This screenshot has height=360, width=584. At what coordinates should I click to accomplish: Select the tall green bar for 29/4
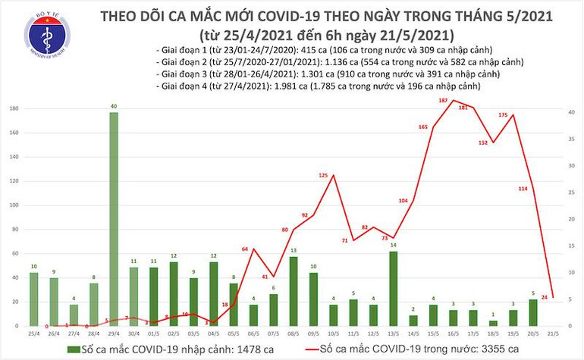(x=113, y=219)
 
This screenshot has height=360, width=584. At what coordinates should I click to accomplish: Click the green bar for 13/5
(x=392, y=288)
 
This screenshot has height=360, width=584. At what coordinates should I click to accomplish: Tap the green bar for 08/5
(x=293, y=291)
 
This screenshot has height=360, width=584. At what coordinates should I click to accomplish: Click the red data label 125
(x=323, y=176)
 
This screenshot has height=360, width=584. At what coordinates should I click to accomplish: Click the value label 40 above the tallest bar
(x=113, y=106)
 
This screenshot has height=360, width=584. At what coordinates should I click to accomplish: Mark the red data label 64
(x=245, y=249)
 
